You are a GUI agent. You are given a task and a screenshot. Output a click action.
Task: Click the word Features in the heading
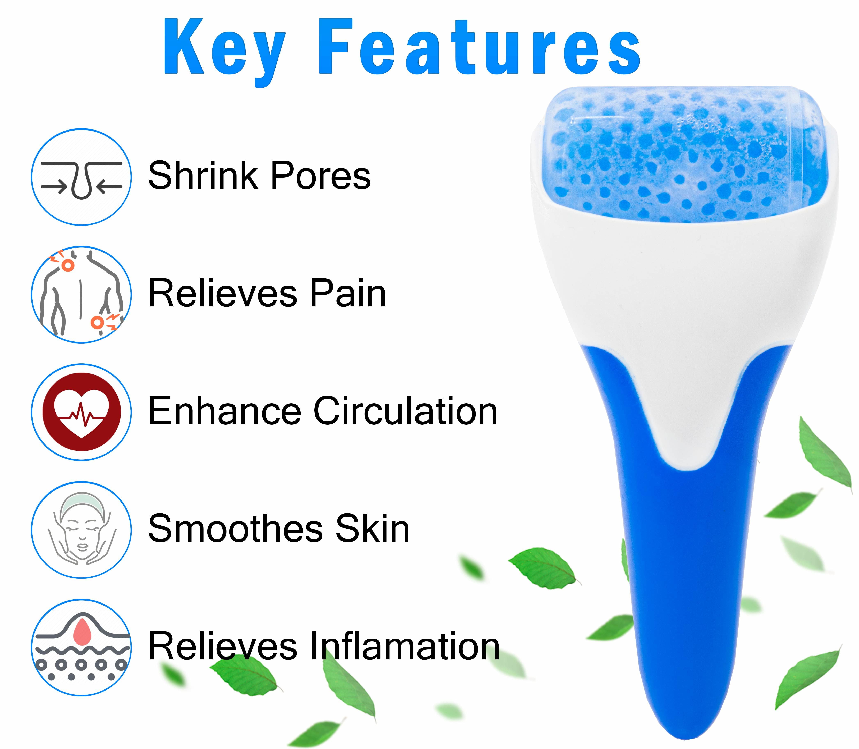coord(479,47)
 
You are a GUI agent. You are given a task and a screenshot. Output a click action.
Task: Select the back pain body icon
coord(82,295)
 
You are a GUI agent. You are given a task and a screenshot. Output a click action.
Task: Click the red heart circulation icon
coord(82,412)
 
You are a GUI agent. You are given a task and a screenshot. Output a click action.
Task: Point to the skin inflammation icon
coord(82,647)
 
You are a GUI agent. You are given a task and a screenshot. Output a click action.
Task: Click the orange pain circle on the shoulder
coord(68,265)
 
